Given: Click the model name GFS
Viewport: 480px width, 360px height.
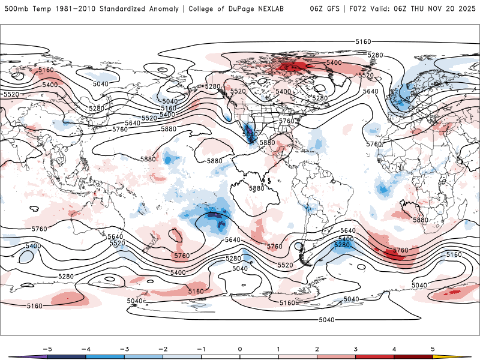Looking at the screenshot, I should point(334,9).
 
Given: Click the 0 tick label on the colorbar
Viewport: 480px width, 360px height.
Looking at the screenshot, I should point(240,349).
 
